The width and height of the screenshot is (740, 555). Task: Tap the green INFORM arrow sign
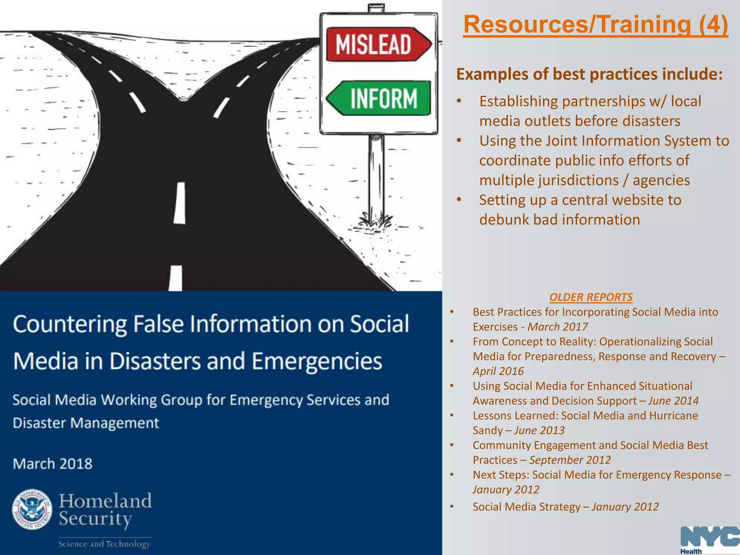pyautogui.click(x=379, y=98)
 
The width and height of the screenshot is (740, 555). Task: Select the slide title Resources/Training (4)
pyautogui.click(x=595, y=25)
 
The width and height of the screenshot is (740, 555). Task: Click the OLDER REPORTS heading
pyautogui.click(x=591, y=297)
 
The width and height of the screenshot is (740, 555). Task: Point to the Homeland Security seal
pyautogui.click(x=32, y=509)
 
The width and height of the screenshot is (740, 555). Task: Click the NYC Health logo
pyautogui.click(x=709, y=540)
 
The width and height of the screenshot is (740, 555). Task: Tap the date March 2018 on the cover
pyautogui.click(x=53, y=464)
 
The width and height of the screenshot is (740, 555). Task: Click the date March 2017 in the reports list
pyautogui.click(x=558, y=327)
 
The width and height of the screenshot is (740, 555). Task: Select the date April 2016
pyautogui.click(x=498, y=371)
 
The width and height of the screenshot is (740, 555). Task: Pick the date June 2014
pyautogui.click(x=673, y=401)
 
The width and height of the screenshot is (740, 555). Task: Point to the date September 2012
pyautogui.click(x=570, y=460)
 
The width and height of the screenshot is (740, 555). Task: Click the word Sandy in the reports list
pyautogui.click(x=487, y=430)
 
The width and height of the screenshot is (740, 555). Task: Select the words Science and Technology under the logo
pyautogui.click(x=104, y=544)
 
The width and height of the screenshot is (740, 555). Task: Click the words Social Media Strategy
pyautogui.click(x=526, y=507)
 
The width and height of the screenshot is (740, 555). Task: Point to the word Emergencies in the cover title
pyautogui.click(x=317, y=361)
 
